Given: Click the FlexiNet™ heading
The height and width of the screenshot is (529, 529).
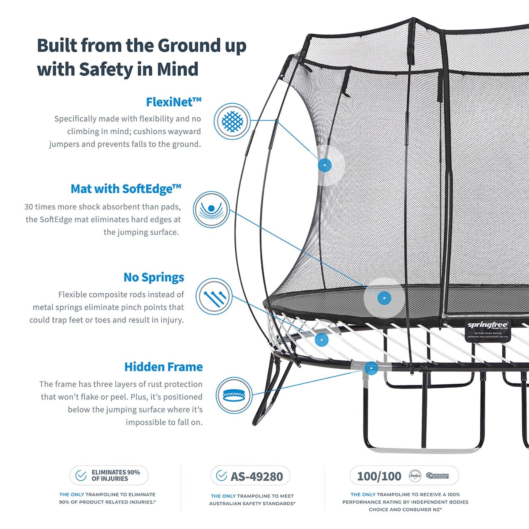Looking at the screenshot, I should (x=174, y=102).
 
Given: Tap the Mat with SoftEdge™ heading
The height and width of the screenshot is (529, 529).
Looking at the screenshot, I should (x=126, y=189).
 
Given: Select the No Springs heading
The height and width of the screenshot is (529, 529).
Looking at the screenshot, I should (x=153, y=277).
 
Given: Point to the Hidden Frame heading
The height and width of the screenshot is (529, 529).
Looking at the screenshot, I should (x=163, y=367).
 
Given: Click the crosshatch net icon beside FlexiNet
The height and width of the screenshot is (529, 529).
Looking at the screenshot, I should (x=232, y=121).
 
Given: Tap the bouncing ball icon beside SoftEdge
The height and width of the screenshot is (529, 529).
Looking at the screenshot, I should (x=211, y=209).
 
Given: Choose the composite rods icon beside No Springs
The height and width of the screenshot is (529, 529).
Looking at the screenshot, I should (x=214, y=297).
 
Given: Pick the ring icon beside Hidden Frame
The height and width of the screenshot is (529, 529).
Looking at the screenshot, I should (x=234, y=395).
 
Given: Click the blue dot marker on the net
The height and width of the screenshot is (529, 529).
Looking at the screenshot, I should (x=325, y=165).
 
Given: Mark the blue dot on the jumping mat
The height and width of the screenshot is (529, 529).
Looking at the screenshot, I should (x=384, y=298).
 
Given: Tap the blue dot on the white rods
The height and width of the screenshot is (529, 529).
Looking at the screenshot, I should (x=322, y=340).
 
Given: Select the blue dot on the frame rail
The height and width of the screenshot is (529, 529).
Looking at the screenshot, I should (x=371, y=368).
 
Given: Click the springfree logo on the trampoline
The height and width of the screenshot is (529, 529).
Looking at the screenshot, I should (x=488, y=325).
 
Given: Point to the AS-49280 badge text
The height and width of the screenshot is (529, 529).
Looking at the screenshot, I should (x=257, y=477).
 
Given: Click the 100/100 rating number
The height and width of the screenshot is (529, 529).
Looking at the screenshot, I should (x=379, y=476).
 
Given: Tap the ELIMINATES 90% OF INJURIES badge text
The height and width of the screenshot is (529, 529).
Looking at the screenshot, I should (x=116, y=476).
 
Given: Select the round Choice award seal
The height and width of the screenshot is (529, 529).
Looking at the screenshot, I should (x=415, y=476).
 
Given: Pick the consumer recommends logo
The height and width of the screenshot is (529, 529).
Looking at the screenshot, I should (x=437, y=476).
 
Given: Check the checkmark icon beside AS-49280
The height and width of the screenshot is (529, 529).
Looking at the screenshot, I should (x=221, y=476).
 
